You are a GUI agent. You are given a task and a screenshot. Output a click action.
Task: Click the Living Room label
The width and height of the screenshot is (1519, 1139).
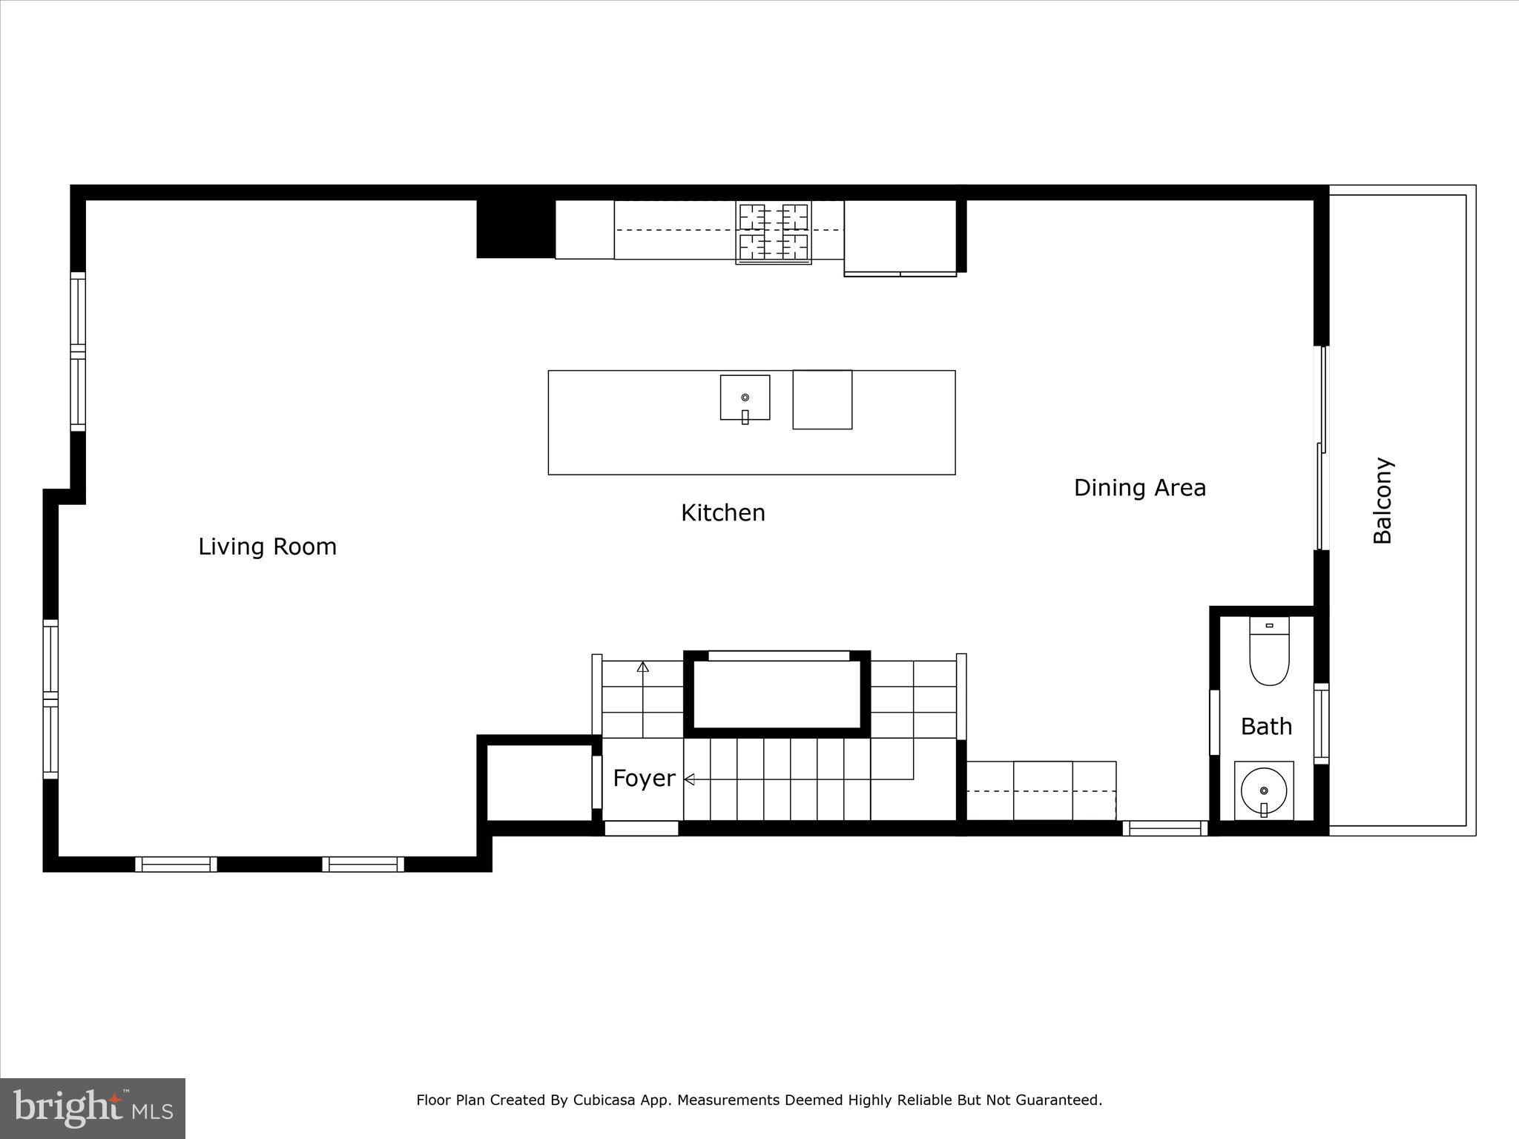267,547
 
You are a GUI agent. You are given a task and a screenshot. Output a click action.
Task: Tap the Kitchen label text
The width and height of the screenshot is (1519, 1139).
722,513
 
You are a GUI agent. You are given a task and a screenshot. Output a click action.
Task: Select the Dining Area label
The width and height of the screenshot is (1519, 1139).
1139,488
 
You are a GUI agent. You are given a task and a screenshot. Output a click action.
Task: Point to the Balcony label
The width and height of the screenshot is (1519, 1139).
1383,501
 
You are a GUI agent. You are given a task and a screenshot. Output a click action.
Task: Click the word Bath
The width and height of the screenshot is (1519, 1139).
1266,727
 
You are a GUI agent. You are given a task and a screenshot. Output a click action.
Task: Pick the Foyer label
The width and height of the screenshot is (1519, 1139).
644,779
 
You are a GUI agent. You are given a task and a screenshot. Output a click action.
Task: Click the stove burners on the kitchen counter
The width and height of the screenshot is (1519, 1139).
774,231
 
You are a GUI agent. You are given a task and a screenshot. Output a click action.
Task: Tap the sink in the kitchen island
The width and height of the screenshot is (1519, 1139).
745,398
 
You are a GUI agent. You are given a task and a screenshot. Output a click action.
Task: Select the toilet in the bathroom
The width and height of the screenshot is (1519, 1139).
1269,653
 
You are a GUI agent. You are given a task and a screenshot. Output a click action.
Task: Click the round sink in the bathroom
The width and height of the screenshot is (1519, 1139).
1264,790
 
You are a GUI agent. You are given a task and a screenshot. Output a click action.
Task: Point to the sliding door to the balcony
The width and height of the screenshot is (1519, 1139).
1321,449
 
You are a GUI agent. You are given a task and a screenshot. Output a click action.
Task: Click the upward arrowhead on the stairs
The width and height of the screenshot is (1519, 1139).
643,667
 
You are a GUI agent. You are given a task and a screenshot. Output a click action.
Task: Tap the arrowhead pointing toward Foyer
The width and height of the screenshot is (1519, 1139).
689,779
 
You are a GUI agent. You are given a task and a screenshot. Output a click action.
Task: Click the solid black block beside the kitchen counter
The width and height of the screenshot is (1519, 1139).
515,228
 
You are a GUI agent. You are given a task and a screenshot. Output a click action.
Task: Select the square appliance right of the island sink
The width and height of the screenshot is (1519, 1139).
822,400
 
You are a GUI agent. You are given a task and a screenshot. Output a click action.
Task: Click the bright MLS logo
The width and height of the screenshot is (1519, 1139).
93,1108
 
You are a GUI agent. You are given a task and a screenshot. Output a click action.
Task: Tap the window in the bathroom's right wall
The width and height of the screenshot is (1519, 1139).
1321,724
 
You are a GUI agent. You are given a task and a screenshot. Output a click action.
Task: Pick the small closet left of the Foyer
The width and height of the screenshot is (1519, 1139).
539,782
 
